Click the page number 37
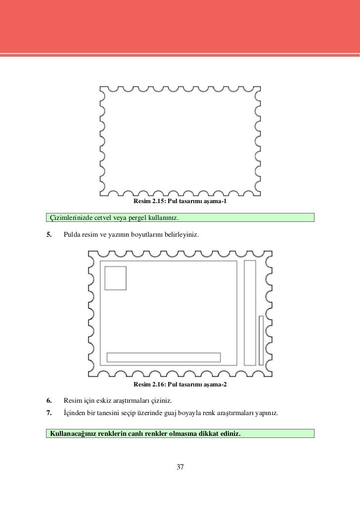(x=180, y=467)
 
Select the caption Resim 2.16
(x=180, y=384)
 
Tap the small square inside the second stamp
(x=115, y=278)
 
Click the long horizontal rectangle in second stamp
(x=164, y=357)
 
